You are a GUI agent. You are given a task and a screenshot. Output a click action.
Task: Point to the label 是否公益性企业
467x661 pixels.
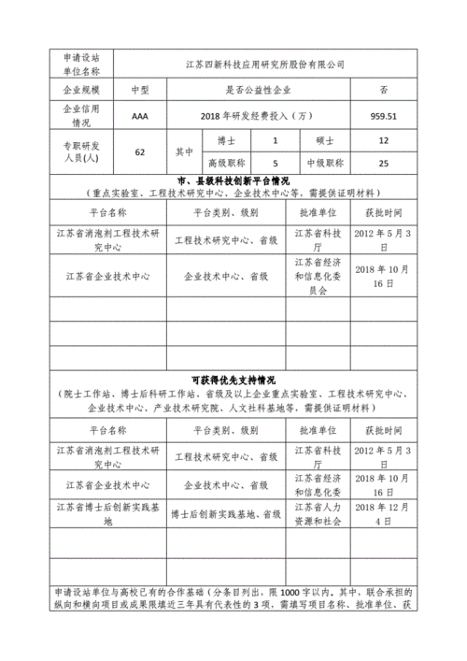pyautogui.click(x=258, y=90)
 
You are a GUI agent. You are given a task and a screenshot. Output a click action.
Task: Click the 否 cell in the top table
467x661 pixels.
pyautogui.click(x=384, y=90)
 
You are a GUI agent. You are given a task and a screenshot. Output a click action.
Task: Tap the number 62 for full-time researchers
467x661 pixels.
pyautogui.click(x=140, y=151)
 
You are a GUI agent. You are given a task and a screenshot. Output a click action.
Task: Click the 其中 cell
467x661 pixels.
pyautogui.click(x=183, y=151)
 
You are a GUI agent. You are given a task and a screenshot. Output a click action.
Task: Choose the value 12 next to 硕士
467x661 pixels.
pyautogui.click(x=384, y=140)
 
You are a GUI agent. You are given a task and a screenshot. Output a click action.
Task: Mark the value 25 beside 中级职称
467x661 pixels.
pyautogui.click(x=384, y=163)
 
